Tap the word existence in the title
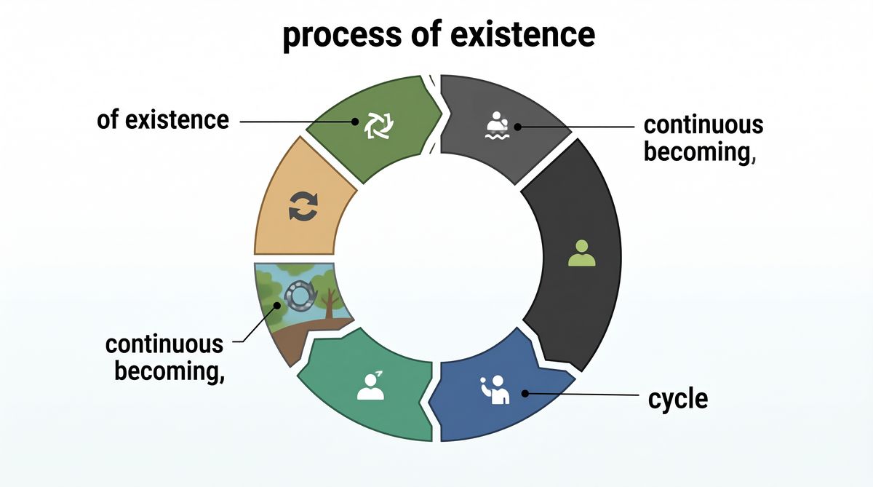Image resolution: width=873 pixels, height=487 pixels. (522, 34)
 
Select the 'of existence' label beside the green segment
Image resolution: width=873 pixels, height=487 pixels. (163, 119)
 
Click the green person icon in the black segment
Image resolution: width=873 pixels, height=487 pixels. (581, 253)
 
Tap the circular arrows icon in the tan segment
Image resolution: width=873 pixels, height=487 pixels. (303, 206)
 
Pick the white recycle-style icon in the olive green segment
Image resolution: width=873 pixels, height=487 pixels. (378, 125)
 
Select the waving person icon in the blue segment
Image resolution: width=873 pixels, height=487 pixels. (494, 389)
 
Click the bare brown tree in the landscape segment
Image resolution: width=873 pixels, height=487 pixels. (330, 304)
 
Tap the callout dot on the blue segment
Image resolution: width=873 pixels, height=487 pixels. (525, 393)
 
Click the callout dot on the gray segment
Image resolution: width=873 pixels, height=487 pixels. (517, 127)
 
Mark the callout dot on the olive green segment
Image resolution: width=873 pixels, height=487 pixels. (355, 122)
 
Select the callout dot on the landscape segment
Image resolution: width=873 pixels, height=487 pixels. (277, 305)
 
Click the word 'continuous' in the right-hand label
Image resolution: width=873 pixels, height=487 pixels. (703, 124)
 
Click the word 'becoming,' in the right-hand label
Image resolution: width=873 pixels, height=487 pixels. (700, 152)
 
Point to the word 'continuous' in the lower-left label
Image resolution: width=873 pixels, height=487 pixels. (164, 344)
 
